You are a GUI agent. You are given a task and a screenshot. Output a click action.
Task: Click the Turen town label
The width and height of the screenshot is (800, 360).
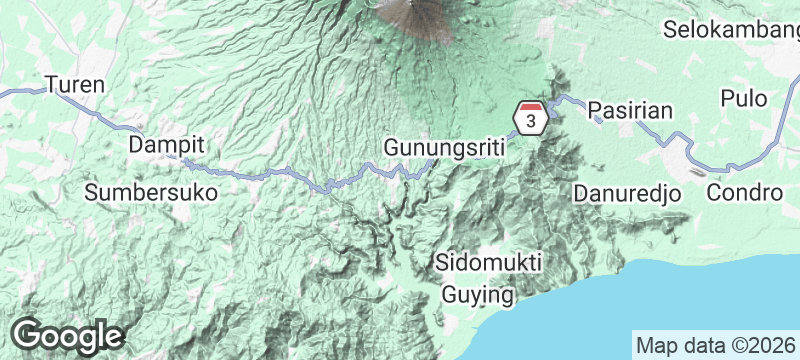point(75,84)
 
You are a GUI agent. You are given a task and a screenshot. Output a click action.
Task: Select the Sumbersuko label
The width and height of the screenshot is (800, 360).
point(151,192)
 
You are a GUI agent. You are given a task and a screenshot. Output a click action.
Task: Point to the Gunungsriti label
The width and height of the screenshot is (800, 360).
point(444,148)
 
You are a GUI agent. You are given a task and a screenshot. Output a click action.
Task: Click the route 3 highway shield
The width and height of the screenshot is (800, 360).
point(530,118)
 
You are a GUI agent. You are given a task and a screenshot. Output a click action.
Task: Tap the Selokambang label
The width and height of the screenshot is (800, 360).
point(733,29)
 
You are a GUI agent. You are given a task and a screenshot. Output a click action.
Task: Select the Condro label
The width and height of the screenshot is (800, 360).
point(741,192)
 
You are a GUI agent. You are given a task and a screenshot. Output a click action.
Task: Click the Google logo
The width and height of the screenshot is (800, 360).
point(67,336)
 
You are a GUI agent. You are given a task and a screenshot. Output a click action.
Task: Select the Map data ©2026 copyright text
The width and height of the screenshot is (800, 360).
point(715,344)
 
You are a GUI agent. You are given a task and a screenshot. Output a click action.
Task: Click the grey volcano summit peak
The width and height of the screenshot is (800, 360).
point(415,12)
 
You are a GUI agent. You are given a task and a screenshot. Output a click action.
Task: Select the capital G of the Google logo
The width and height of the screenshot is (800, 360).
point(28,335)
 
